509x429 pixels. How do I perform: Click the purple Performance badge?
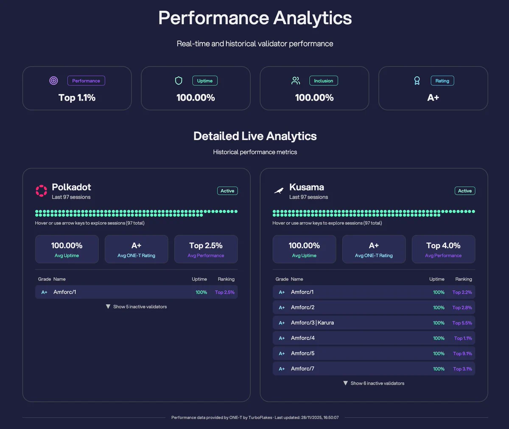[86, 81]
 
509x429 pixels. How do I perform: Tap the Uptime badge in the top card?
[205, 81]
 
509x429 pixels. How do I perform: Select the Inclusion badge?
[324, 81]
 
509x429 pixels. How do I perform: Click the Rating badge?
[442, 81]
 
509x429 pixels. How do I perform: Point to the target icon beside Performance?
[53, 81]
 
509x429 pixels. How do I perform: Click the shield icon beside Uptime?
[179, 81]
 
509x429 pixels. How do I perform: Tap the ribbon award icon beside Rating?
[417, 81]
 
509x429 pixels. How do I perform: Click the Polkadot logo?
[42, 191]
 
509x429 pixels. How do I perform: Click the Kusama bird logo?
[279, 191]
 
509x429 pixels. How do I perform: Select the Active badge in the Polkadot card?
[227, 191]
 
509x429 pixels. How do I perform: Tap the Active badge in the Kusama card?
[465, 191]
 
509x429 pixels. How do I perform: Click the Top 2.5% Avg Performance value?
[206, 245]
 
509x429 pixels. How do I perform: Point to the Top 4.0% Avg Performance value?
[443, 245]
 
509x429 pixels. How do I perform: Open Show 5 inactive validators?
[137, 306]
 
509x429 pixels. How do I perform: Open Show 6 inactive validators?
[374, 383]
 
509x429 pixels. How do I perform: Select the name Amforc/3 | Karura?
[312, 322]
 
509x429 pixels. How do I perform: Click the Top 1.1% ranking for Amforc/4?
[463, 338]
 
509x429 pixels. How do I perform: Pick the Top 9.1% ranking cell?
[462, 353]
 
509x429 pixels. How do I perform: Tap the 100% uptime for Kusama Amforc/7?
[439, 369]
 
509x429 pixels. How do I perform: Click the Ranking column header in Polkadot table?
[226, 279]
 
